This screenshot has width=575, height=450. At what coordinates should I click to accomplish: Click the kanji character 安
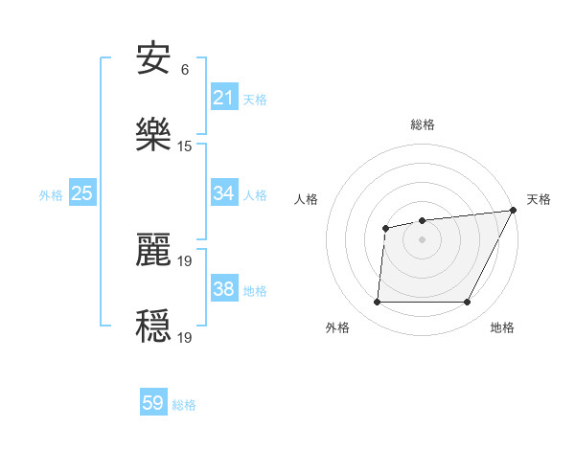(x=154, y=60)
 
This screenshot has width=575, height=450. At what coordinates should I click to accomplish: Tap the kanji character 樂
(x=154, y=135)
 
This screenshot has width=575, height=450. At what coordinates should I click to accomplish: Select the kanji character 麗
(x=154, y=250)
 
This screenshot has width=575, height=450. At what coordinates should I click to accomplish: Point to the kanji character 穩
(x=154, y=326)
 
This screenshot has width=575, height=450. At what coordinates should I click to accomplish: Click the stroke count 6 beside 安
(x=185, y=70)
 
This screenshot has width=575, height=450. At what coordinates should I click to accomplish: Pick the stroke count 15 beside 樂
(x=185, y=146)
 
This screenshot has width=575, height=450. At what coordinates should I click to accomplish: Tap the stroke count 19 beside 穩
(x=186, y=337)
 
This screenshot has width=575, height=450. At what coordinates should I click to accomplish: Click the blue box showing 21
(x=224, y=98)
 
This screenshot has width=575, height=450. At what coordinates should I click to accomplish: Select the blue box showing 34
(x=224, y=193)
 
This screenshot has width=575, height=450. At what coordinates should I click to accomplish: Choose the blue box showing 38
(x=224, y=289)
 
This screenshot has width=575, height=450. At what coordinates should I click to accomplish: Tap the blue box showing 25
(x=82, y=193)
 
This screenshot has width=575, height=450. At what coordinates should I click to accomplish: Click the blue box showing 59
(x=153, y=403)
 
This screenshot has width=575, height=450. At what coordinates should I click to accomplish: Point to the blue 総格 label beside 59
(x=184, y=405)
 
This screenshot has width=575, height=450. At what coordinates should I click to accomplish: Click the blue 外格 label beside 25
(x=51, y=195)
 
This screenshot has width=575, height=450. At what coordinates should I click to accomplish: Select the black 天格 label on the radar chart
(x=539, y=199)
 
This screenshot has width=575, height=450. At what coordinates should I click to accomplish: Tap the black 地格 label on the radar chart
(x=502, y=327)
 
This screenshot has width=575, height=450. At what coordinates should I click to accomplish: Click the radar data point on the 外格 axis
(x=377, y=303)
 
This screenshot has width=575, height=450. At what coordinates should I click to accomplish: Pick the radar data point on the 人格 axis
(x=385, y=228)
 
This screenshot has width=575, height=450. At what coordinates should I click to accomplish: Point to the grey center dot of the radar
(x=422, y=239)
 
